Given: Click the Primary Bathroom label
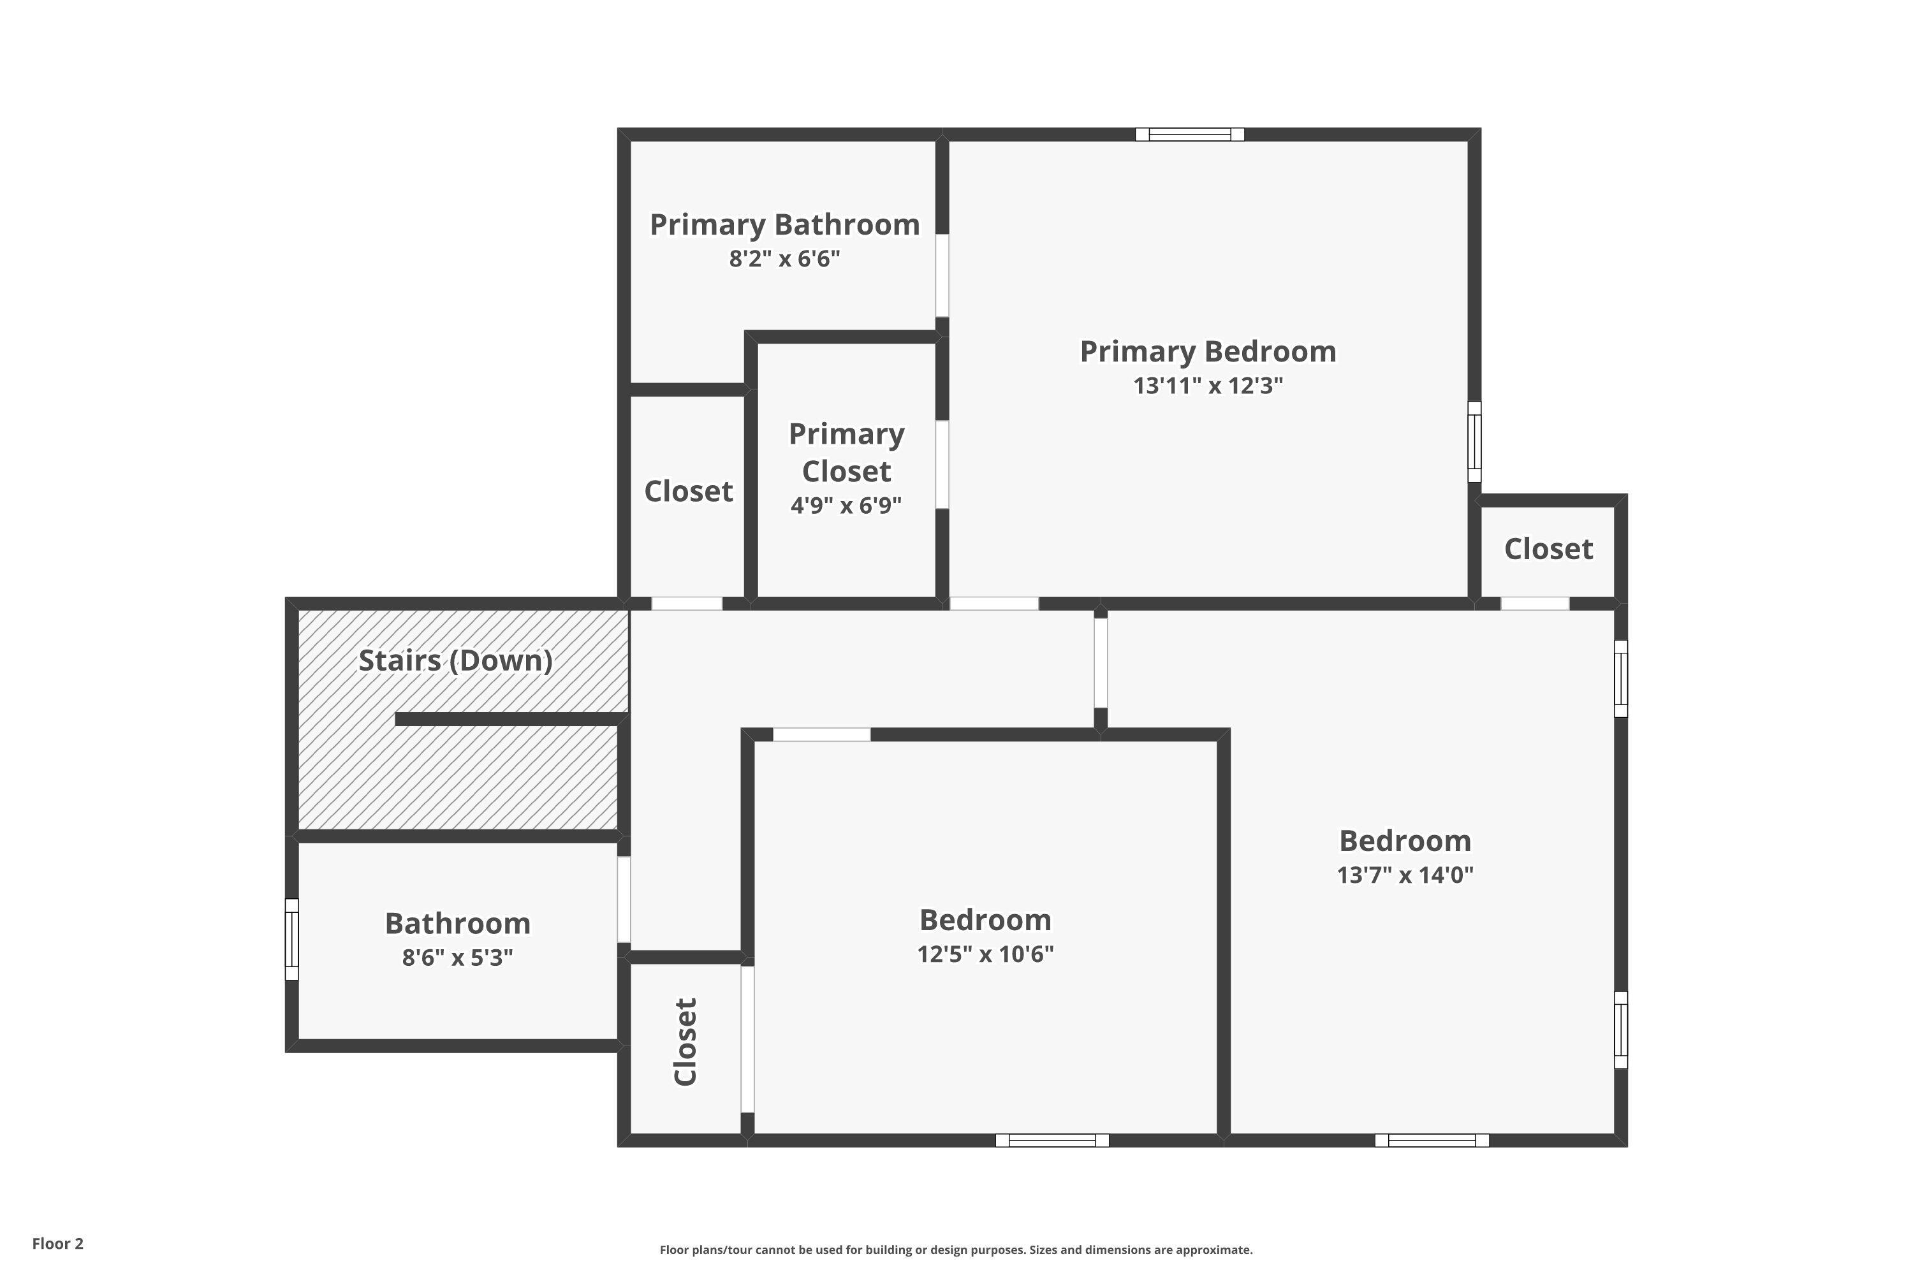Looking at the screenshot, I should click(x=784, y=224).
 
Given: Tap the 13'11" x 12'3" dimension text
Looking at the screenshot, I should click(x=1208, y=386).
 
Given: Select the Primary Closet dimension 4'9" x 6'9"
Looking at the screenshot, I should click(x=846, y=506).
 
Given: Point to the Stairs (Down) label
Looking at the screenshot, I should click(x=455, y=660).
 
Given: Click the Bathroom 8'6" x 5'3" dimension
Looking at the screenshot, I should click(x=457, y=958).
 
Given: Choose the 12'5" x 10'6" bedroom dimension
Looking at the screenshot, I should click(x=985, y=954).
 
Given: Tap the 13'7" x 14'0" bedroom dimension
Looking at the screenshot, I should click(x=1405, y=875).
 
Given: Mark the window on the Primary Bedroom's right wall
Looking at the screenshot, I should click(x=1474, y=442).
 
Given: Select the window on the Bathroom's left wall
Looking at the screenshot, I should click(x=292, y=939).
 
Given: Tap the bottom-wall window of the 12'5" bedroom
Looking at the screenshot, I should click(x=1052, y=1140).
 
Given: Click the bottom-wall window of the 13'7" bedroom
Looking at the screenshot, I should click(x=1432, y=1140).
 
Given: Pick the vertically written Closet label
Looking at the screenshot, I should click(x=685, y=1042).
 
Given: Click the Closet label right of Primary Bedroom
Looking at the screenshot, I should click(x=1548, y=549).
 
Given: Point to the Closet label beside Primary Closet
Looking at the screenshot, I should click(x=688, y=491).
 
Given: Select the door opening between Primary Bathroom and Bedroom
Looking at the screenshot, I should click(x=942, y=275).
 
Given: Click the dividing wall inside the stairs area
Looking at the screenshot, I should click(x=511, y=719).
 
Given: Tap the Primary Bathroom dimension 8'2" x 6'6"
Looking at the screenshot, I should click(x=784, y=259).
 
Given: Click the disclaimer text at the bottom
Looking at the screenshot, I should click(x=956, y=1249).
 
